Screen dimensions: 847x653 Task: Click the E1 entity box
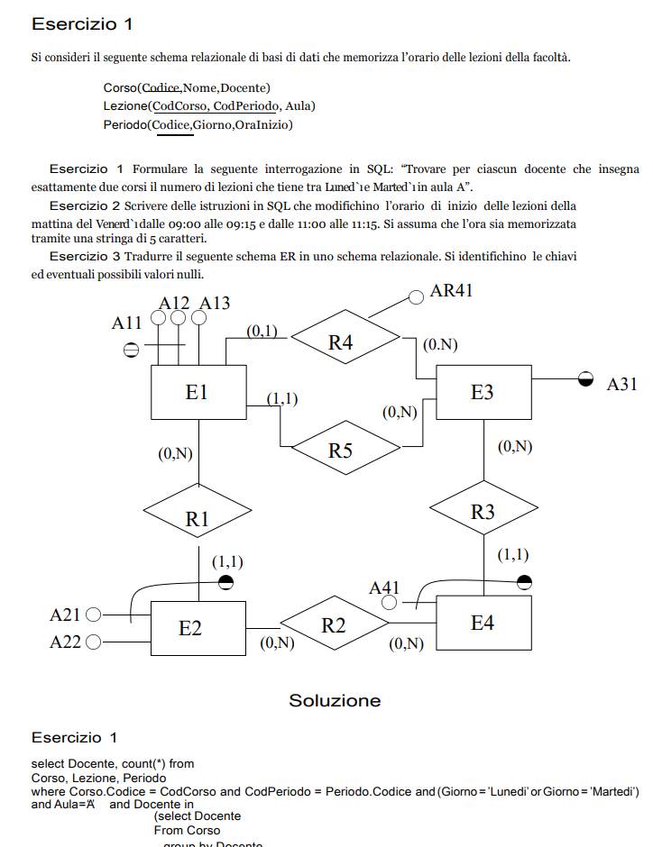(198, 392)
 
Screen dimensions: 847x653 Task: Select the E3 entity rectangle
(482, 392)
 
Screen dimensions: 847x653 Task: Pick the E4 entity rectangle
(482, 623)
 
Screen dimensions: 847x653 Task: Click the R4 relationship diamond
(341, 342)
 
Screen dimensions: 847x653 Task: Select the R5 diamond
(340, 450)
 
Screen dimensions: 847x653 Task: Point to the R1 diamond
(198, 518)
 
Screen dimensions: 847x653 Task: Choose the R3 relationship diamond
(483, 512)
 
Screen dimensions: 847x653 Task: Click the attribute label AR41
(451, 290)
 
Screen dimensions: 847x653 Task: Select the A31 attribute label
(621, 384)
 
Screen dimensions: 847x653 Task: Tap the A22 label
(65, 642)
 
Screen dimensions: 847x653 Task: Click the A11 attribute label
(127, 322)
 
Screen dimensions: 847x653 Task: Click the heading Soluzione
(335, 700)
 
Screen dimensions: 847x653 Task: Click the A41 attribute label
(384, 587)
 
